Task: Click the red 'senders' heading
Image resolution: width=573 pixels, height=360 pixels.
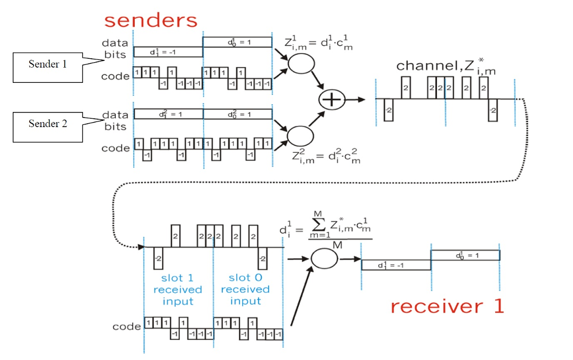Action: (x=151, y=20)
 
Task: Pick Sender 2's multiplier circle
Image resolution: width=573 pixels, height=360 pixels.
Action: (x=299, y=135)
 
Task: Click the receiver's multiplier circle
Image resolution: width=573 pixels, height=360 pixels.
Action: (x=325, y=259)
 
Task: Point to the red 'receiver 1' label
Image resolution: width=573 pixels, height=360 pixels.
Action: (x=447, y=306)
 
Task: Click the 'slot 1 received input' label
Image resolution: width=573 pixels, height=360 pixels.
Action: (x=177, y=289)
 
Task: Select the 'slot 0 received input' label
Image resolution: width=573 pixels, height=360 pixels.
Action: (x=245, y=289)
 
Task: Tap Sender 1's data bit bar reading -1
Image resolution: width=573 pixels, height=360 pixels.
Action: (x=168, y=52)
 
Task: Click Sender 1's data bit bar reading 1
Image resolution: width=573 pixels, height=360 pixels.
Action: (x=237, y=42)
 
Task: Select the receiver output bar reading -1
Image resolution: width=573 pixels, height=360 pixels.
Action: (x=396, y=265)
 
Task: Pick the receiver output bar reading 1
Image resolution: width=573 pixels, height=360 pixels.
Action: (x=465, y=255)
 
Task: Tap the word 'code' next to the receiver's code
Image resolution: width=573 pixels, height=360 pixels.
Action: (x=126, y=326)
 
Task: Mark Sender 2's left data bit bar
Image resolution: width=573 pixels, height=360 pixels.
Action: (x=168, y=114)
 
